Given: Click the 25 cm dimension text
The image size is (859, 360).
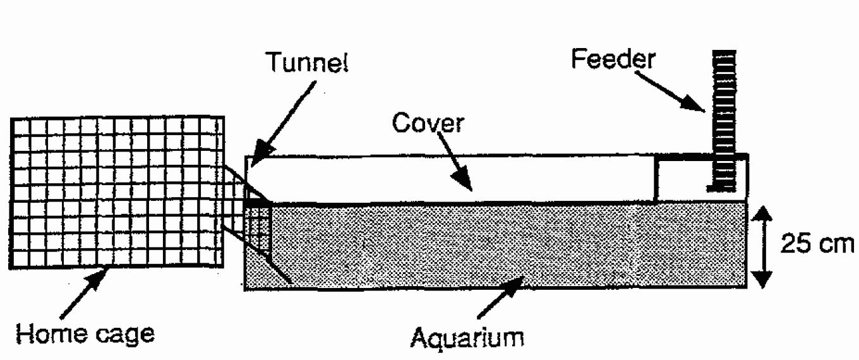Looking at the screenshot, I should (814, 244).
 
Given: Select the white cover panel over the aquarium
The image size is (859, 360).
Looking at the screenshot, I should (452, 178).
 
